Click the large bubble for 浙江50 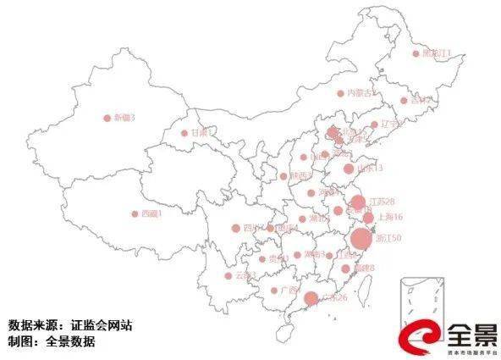361,238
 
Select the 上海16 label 386,218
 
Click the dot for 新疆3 107,119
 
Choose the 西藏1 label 151,214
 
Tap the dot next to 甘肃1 184,133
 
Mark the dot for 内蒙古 341,93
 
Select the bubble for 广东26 311,298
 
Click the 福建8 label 364,269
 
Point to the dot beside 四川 236,227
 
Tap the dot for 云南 228,275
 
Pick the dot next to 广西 273,290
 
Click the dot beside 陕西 284,176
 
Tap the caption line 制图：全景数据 52,342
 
